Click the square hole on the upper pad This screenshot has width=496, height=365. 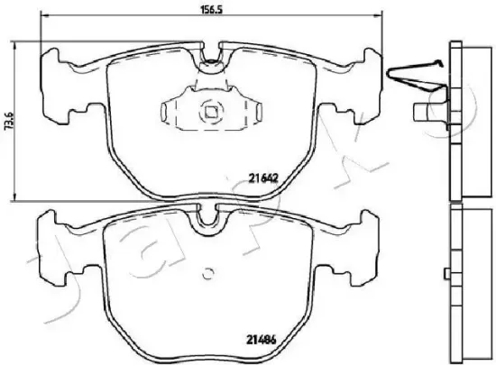208,113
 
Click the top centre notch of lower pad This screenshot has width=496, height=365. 208,217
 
